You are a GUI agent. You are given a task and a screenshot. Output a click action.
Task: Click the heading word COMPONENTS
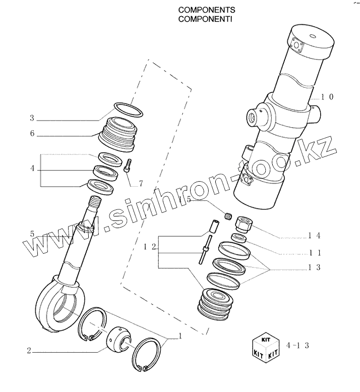pyautogui.click(x=200, y=10)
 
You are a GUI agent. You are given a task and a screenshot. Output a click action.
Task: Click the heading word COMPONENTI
pyautogui.click(x=199, y=19)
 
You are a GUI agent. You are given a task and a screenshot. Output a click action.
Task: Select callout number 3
pyautogui.click(x=32, y=119)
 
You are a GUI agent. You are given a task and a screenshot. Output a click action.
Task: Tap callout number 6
pyautogui.click(x=32, y=134)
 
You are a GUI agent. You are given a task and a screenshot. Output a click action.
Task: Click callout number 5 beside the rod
pyautogui.click(x=32, y=234)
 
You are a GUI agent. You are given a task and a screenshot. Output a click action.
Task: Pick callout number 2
pyautogui.click(x=29, y=350)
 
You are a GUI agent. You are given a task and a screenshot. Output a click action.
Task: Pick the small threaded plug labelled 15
pyautogui.click(x=227, y=216)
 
